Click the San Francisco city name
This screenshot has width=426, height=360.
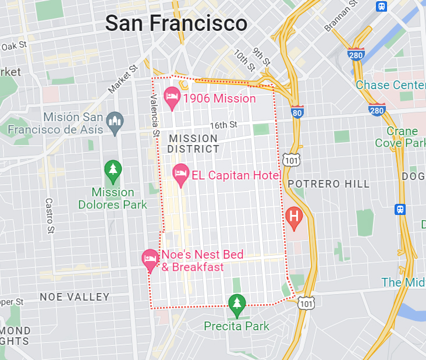[x=176, y=23]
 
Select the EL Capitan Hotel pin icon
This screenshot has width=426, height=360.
[x=181, y=174]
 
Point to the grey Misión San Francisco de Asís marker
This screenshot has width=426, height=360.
[x=115, y=122]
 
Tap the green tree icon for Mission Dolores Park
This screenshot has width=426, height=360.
[x=112, y=171]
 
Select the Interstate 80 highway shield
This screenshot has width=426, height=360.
[x=297, y=111]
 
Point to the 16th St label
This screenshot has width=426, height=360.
[x=223, y=125]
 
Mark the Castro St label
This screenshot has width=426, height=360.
[x=49, y=216]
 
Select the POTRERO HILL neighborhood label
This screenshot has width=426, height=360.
[x=328, y=184]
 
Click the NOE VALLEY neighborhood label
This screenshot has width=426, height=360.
[x=74, y=297]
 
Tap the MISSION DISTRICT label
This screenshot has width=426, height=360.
[x=193, y=144]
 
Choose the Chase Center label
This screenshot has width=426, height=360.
[x=390, y=85]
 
